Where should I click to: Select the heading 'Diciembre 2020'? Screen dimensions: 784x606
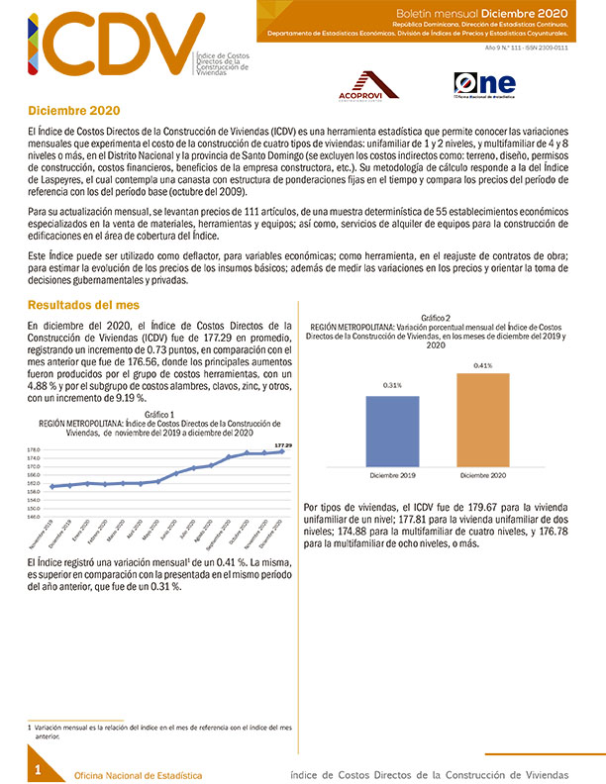(67, 112)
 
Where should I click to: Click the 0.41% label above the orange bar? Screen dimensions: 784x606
(482, 365)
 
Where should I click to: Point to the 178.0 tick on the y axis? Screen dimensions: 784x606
(34, 451)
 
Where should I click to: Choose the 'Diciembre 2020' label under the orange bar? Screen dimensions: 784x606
(482, 475)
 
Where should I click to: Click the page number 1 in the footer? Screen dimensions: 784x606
(38, 769)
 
